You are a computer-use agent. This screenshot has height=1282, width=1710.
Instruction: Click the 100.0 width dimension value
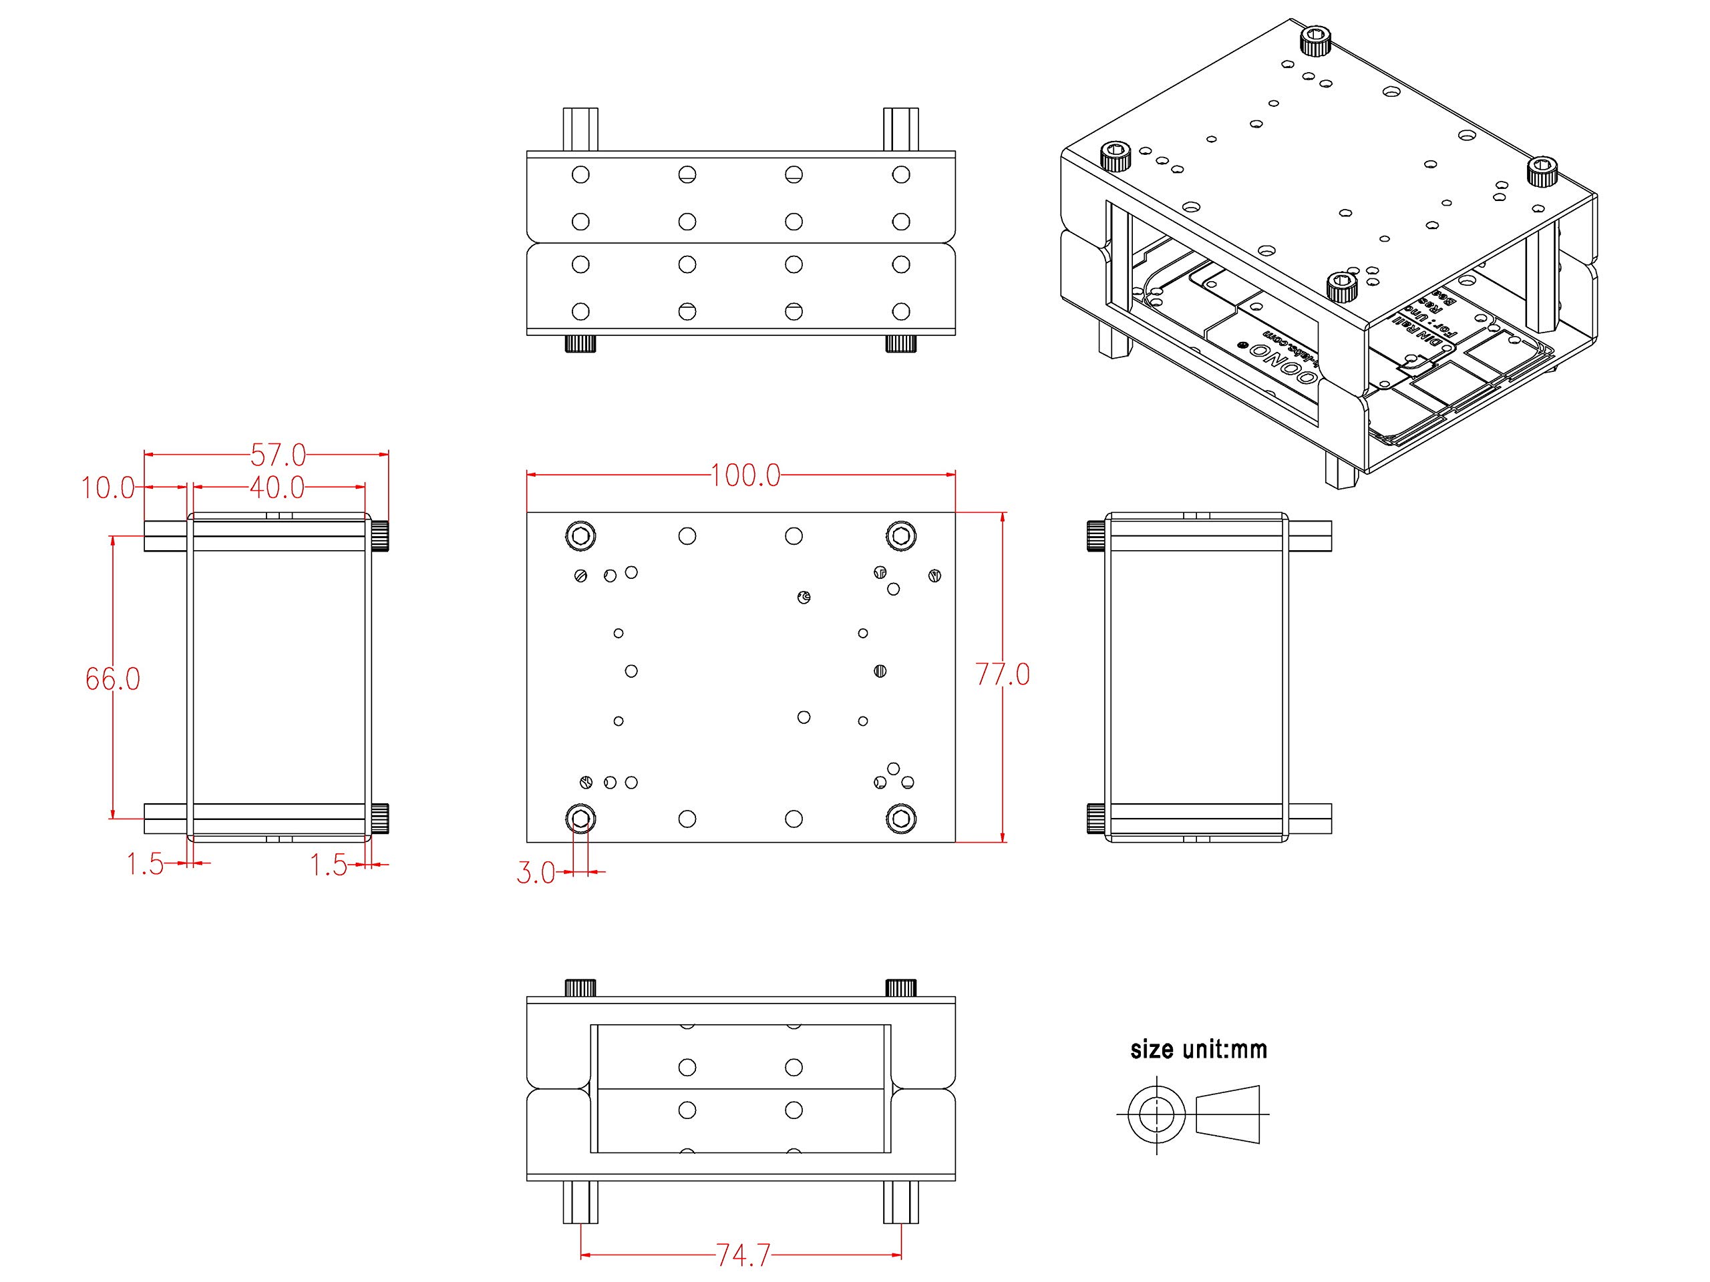[x=745, y=475]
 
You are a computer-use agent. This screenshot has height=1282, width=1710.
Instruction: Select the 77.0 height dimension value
[x=1003, y=674]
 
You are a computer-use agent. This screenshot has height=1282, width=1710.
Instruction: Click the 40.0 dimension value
[x=277, y=487]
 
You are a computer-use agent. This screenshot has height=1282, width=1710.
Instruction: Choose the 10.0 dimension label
[x=108, y=488]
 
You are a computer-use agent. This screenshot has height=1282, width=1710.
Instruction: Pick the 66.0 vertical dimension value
[x=113, y=678]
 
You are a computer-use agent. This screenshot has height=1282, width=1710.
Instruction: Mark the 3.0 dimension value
[x=535, y=873]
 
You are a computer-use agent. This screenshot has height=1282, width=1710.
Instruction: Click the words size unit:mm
[x=1198, y=1050]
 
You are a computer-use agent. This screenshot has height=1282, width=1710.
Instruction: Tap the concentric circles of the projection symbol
[x=1156, y=1114]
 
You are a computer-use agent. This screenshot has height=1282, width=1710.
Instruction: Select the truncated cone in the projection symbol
[x=1228, y=1114]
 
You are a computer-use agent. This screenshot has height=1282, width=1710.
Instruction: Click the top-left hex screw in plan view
[x=580, y=536]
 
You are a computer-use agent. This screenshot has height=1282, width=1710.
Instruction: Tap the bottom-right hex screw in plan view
[x=900, y=819]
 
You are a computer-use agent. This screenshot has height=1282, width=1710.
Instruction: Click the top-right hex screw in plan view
[x=900, y=536]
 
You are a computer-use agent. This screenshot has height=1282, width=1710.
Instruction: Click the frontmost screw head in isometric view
[x=1341, y=288]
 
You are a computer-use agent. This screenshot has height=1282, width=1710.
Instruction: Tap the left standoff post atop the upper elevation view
[x=580, y=129]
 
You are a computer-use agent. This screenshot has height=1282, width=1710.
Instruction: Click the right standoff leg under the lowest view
[x=900, y=1202]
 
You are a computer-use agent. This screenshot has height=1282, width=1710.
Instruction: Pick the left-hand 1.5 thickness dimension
[x=146, y=865]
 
